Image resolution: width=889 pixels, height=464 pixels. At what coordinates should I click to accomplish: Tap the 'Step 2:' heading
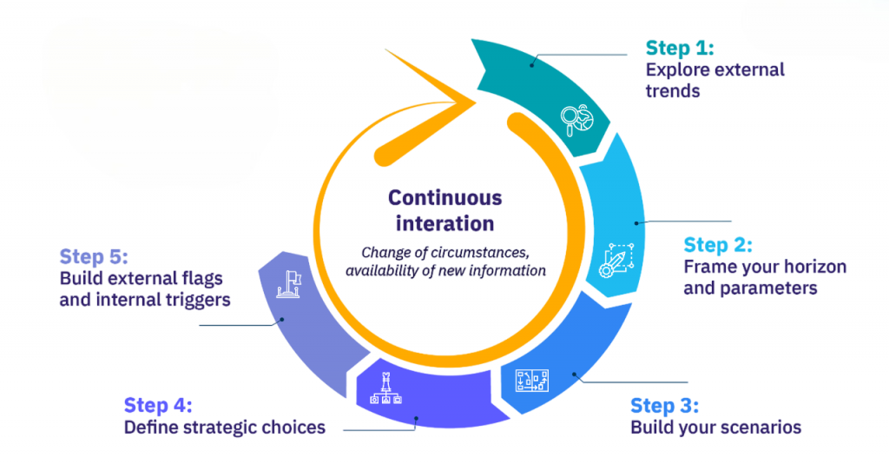[717, 245]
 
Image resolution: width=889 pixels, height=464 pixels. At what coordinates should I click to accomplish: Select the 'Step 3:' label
[664, 406]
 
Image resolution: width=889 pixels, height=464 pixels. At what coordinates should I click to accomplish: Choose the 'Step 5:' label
[94, 257]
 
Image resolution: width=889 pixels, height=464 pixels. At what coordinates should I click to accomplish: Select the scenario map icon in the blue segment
[532, 380]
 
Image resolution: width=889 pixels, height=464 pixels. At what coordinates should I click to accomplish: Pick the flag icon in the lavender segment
[288, 285]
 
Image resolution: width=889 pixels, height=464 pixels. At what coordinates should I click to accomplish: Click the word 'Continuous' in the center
[444, 198]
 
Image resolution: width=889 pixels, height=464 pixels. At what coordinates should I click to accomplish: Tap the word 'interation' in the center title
[444, 223]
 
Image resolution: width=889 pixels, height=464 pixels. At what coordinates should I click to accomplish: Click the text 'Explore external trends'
[714, 79]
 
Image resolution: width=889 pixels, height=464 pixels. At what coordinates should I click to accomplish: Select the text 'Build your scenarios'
[715, 428]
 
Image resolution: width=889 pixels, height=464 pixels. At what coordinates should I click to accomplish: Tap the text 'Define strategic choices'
[224, 427]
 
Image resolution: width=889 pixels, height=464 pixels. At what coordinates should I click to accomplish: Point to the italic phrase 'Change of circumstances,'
[444, 253]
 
